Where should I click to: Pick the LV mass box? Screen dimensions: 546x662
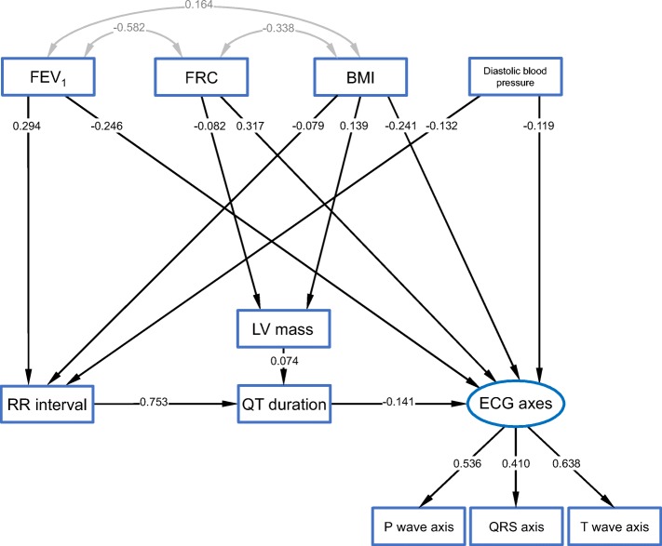(283, 328)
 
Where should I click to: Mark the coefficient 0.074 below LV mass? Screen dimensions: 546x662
(284, 360)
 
